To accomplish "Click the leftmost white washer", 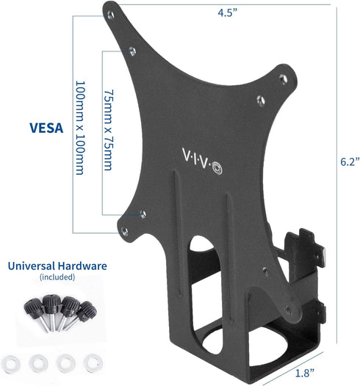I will coord(12,342).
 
